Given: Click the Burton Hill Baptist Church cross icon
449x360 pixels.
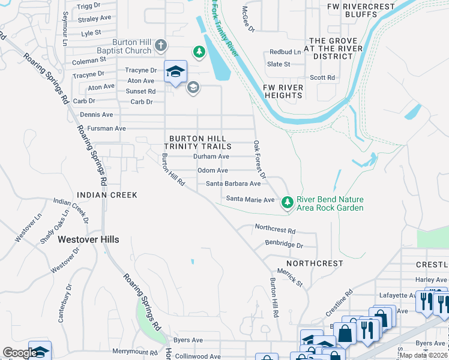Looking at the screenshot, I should point(160,46).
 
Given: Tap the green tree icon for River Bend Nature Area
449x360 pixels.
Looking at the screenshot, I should point(288,203).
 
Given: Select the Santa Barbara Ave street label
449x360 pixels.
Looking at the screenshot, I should point(234,184).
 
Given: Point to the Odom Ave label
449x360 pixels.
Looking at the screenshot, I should point(212,171).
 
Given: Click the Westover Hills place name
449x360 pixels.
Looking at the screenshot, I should point(88,239).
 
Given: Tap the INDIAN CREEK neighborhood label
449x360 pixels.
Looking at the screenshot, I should point(107,195).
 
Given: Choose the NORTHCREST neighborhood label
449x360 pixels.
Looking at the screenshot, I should point(315,263).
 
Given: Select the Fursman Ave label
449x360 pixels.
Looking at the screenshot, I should point(106,128).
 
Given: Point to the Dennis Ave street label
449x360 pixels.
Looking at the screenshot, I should point(97,115).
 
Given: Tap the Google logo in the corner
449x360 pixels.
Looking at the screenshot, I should point(20,353).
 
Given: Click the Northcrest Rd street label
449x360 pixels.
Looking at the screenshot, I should point(276,230).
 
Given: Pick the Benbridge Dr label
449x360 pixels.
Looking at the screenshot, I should point(285,245).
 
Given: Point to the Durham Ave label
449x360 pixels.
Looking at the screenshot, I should point(211,157).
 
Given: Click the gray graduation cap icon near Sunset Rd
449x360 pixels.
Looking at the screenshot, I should point(193,88).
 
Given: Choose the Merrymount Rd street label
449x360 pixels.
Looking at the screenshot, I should point(135,352).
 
